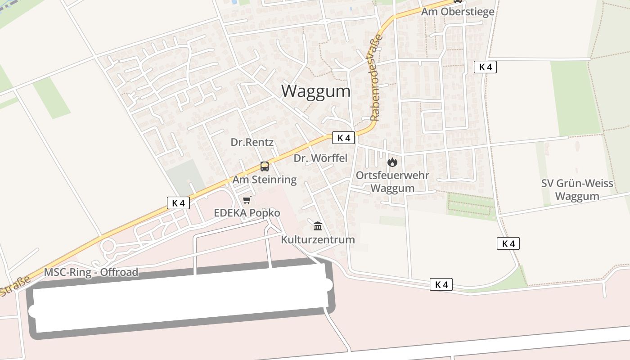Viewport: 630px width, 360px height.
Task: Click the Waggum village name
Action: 316,91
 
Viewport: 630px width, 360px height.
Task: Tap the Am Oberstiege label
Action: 457,12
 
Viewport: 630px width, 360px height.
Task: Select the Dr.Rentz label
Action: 252,142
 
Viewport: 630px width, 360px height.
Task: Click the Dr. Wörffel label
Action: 320,158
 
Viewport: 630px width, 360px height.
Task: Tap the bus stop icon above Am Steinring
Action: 265,166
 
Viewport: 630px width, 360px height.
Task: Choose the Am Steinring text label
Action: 265,180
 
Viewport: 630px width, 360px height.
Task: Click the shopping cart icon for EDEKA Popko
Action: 247,200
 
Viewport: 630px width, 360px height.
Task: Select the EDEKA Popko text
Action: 247,213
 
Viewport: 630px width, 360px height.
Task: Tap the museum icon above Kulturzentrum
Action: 318,226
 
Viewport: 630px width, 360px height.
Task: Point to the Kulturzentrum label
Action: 318,239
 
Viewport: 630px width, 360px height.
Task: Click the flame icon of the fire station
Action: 392,162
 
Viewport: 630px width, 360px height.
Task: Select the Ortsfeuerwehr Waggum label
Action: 392,181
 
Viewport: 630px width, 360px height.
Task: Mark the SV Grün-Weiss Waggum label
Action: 577,189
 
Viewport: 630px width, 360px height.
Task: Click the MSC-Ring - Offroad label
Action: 91,272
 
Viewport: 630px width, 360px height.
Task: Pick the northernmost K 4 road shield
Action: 485,67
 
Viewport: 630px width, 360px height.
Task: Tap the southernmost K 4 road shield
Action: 441,284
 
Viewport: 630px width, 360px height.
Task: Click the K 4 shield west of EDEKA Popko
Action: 178,203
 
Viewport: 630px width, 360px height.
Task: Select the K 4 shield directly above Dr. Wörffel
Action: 344,138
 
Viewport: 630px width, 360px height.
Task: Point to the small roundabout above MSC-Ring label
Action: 108,246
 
